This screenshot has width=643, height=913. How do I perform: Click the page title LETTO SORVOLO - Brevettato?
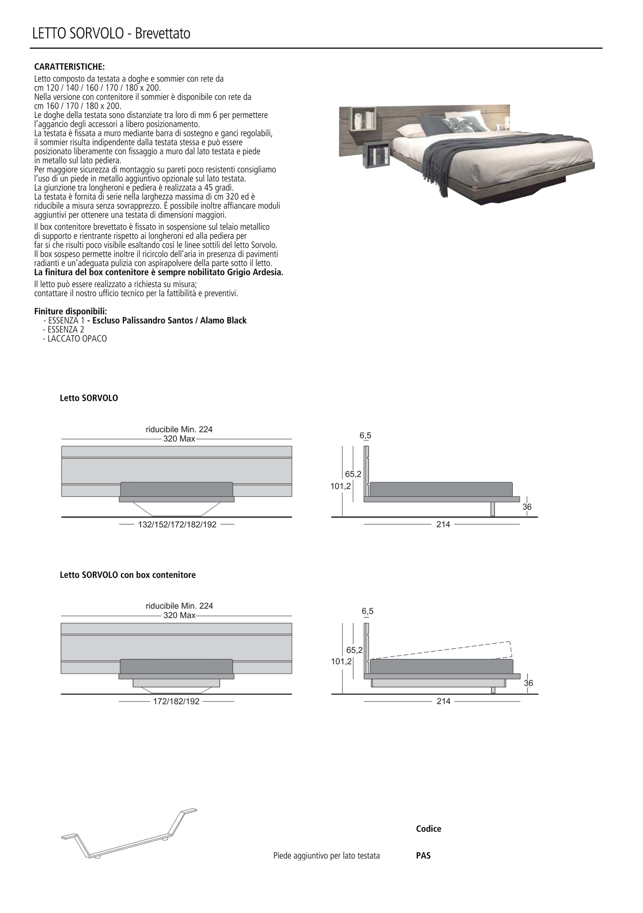click(x=111, y=34)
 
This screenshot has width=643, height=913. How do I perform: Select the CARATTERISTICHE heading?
click(x=70, y=67)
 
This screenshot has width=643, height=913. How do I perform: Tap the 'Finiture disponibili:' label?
click(x=70, y=311)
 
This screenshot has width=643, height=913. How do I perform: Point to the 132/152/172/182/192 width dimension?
click(x=177, y=525)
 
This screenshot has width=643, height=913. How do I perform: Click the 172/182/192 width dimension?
click(x=176, y=702)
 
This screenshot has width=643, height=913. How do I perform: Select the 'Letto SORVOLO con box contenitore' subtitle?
click(x=128, y=575)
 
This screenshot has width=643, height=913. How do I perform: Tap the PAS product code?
click(x=423, y=856)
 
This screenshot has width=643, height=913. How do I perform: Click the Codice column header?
click(x=429, y=829)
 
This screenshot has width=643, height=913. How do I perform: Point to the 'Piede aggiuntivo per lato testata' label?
click(x=326, y=856)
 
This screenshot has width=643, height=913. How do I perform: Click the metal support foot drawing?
click(x=129, y=834)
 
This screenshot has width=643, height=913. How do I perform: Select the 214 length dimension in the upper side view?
click(x=443, y=525)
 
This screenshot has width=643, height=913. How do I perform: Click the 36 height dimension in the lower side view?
click(x=528, y=683)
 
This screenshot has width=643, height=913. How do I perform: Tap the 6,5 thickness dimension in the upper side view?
click(x=365, y=436)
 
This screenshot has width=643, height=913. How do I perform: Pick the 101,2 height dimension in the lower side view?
click(x=341, y=662)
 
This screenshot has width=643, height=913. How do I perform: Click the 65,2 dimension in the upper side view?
click(x=353, y=474)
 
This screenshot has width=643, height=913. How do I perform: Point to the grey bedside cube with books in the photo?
click(x=377, y=155)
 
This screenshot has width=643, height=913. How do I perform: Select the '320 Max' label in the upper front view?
click(x=179, y=439)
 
